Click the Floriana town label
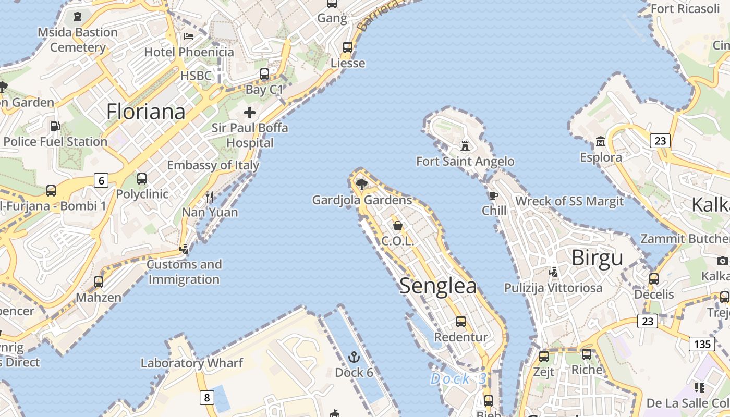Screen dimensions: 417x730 146,112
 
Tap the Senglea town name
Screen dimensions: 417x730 438,286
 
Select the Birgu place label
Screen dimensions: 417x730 597,258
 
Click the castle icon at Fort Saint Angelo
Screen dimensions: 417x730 465,145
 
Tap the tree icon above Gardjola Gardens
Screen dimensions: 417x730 361,183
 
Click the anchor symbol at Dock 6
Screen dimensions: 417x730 354,357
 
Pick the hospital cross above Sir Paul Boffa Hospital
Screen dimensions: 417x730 250,112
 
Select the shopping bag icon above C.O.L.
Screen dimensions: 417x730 397,225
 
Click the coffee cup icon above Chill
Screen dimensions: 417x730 493,195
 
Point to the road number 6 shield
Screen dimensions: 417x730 101,180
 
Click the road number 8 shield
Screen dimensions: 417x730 206,398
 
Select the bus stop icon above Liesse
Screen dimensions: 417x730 348,47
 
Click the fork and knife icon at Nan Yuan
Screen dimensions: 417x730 210,197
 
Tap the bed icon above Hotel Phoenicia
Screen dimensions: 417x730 189,36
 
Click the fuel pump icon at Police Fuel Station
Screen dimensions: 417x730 55,126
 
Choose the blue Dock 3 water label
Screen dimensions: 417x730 458,379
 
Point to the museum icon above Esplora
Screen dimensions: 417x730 601,141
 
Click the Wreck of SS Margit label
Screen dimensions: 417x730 569,201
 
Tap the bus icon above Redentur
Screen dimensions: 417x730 461,321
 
